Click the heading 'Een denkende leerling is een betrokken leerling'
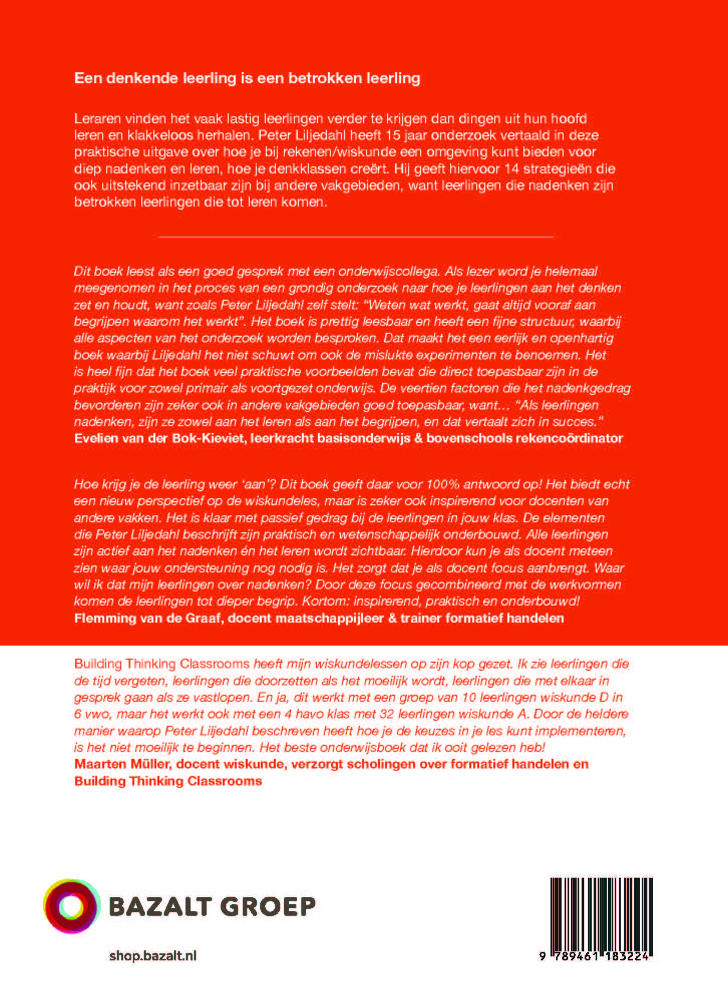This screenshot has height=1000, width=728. (247, 78)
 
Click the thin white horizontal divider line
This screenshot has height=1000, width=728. (355, 236)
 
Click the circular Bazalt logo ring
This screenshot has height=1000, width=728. (72, 906)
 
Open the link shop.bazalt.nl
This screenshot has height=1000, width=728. (152, 956)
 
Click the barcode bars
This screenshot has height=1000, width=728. (601, 913)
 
